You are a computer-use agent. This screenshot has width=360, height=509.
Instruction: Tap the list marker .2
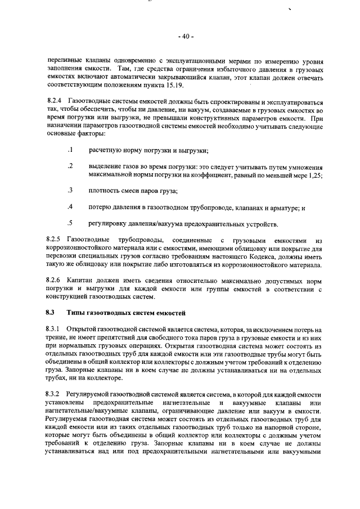coord(70,166)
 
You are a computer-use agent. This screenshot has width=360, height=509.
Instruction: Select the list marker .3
coord(70,191)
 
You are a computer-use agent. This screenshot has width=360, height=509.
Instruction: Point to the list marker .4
coord(70,207)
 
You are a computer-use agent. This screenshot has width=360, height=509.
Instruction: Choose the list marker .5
coord(70,223)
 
